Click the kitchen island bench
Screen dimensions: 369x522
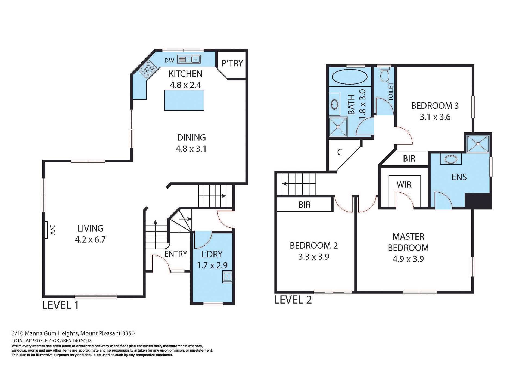coord(184,101)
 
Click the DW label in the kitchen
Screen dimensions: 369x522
coord(169,61)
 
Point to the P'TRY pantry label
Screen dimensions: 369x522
coord(232,63)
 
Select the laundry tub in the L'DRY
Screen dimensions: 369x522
coord(227,277)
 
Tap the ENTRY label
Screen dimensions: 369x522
coord(176,254)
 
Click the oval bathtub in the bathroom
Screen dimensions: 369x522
coord(350,77)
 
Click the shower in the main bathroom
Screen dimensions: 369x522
coord(338,127)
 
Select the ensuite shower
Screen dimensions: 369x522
coord(478,143)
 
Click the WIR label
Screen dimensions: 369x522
coord(404,185)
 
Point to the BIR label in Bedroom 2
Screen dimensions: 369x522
coord(304,205)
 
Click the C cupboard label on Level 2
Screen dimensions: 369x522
coord(340,152)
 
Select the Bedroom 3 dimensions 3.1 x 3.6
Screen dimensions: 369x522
coord(435,117)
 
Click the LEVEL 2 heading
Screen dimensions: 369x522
coord(293,300)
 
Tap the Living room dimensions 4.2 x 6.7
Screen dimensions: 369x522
coord(90,240)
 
